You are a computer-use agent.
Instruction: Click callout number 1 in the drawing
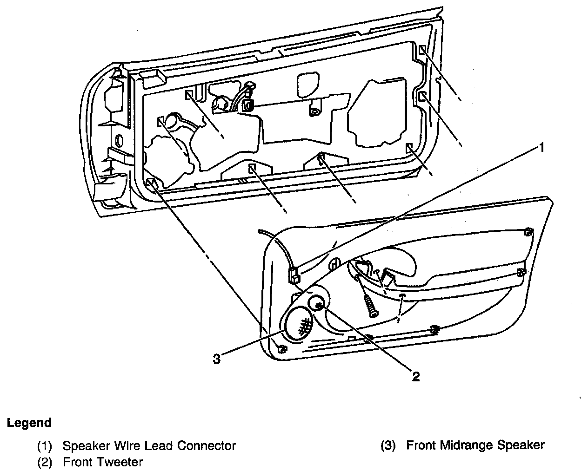pyautogui.click(x=541, y=148)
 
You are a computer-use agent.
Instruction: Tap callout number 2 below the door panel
pyautogui.click(x=415, y=377)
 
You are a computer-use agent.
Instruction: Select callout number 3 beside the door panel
pyautogui.click(x=216, y=359)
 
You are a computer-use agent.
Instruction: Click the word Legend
pyautogui.click(x=29, y=423)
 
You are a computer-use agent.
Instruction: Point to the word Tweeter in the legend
pyautogui.click(x=120, y=462)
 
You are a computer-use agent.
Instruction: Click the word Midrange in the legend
pyautogui.click(x=467, y=445)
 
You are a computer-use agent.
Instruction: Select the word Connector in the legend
pyautogui.click(x=206, y=445)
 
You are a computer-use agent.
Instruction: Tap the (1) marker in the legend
pyautogui.click(x=45, y=446)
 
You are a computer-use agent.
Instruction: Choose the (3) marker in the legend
pyautogui.click(x=388, y=445)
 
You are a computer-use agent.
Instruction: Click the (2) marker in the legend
pyautogui.click(x=45, y=462)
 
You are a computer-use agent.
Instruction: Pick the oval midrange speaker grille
pyautogui.click(x=299, y=323)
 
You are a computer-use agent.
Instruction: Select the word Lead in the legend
pyautogui.click(x=159, y=445)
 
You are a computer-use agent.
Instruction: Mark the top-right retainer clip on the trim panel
pyautogui.click(x=529, y=232)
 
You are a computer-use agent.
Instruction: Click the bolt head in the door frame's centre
pyautogui.click(x=314, y=111)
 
